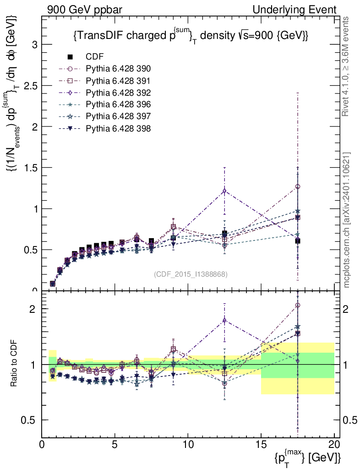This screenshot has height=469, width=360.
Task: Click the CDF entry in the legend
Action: (95, 57)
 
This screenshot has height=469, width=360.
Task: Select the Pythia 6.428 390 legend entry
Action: (118, 69)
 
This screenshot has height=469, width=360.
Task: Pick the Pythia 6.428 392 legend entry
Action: (118, 93)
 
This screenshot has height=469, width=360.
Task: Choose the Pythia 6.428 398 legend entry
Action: (118, 128)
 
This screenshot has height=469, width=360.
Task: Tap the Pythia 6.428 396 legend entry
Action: (118, 104)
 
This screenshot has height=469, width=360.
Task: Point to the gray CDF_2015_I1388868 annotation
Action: (191, 274)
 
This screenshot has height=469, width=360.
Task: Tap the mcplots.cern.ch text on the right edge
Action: (347, 220)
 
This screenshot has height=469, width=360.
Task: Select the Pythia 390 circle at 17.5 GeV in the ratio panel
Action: (298, 305)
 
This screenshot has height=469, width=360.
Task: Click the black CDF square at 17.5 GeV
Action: (298, 241)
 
